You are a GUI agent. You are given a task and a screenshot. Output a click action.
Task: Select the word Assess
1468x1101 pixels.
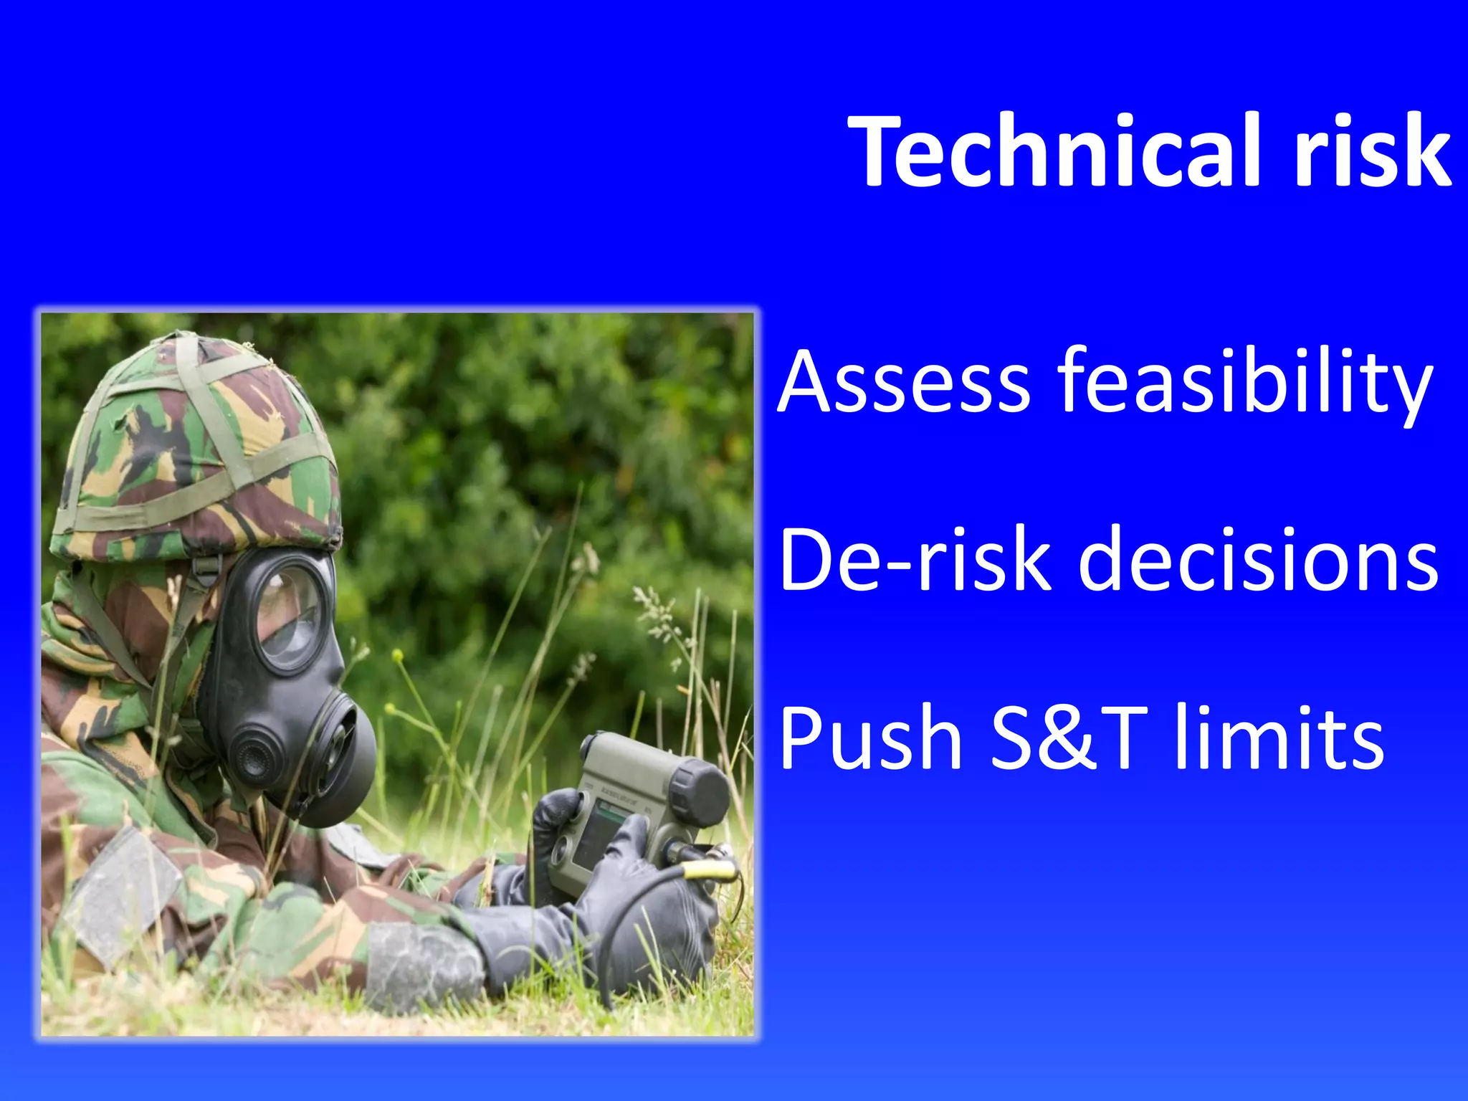click(905, 381)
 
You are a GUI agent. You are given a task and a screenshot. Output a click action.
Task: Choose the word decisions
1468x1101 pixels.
click(1258, 559)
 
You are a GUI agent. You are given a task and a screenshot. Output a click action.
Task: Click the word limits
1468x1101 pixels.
click(1279, 738)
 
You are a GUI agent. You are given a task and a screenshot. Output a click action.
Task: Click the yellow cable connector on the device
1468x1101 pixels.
click(710, 870)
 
